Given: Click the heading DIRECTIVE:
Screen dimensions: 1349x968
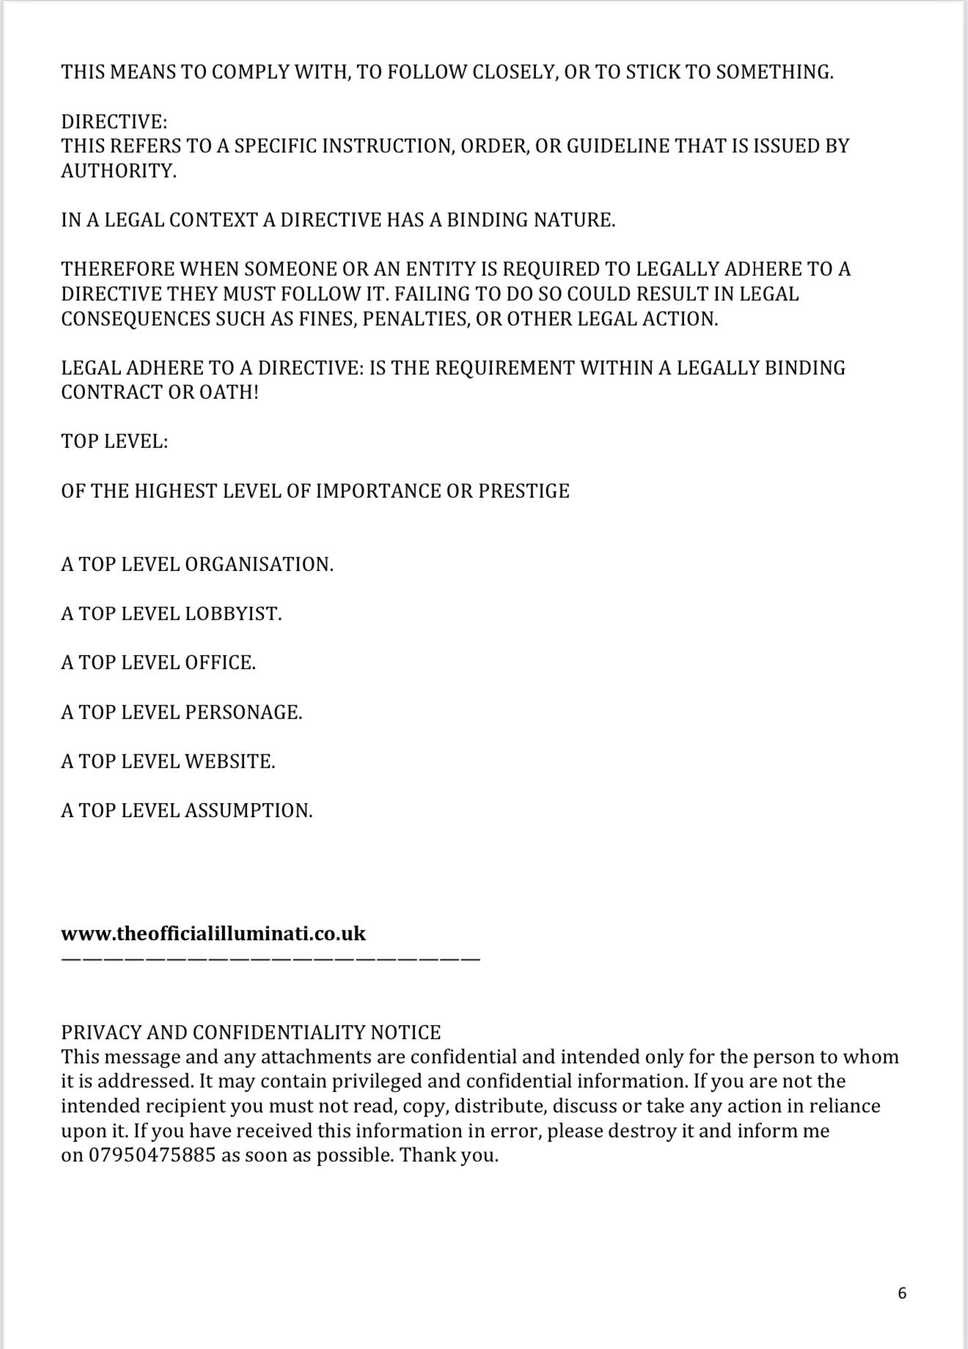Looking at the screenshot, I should [x=114, y=121].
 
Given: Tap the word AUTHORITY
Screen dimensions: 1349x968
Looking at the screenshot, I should [x=118, y=171].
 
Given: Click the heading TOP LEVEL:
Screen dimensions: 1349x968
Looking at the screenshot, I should [x=114, y=442].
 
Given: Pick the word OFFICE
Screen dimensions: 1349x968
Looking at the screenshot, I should [x=220, y=663].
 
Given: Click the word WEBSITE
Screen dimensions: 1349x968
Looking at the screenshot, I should [x=230, y=761].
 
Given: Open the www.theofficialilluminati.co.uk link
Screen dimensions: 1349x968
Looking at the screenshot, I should [x=213, y=934].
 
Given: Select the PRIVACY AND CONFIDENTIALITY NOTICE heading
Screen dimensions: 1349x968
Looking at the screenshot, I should [x=251, y=1032].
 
